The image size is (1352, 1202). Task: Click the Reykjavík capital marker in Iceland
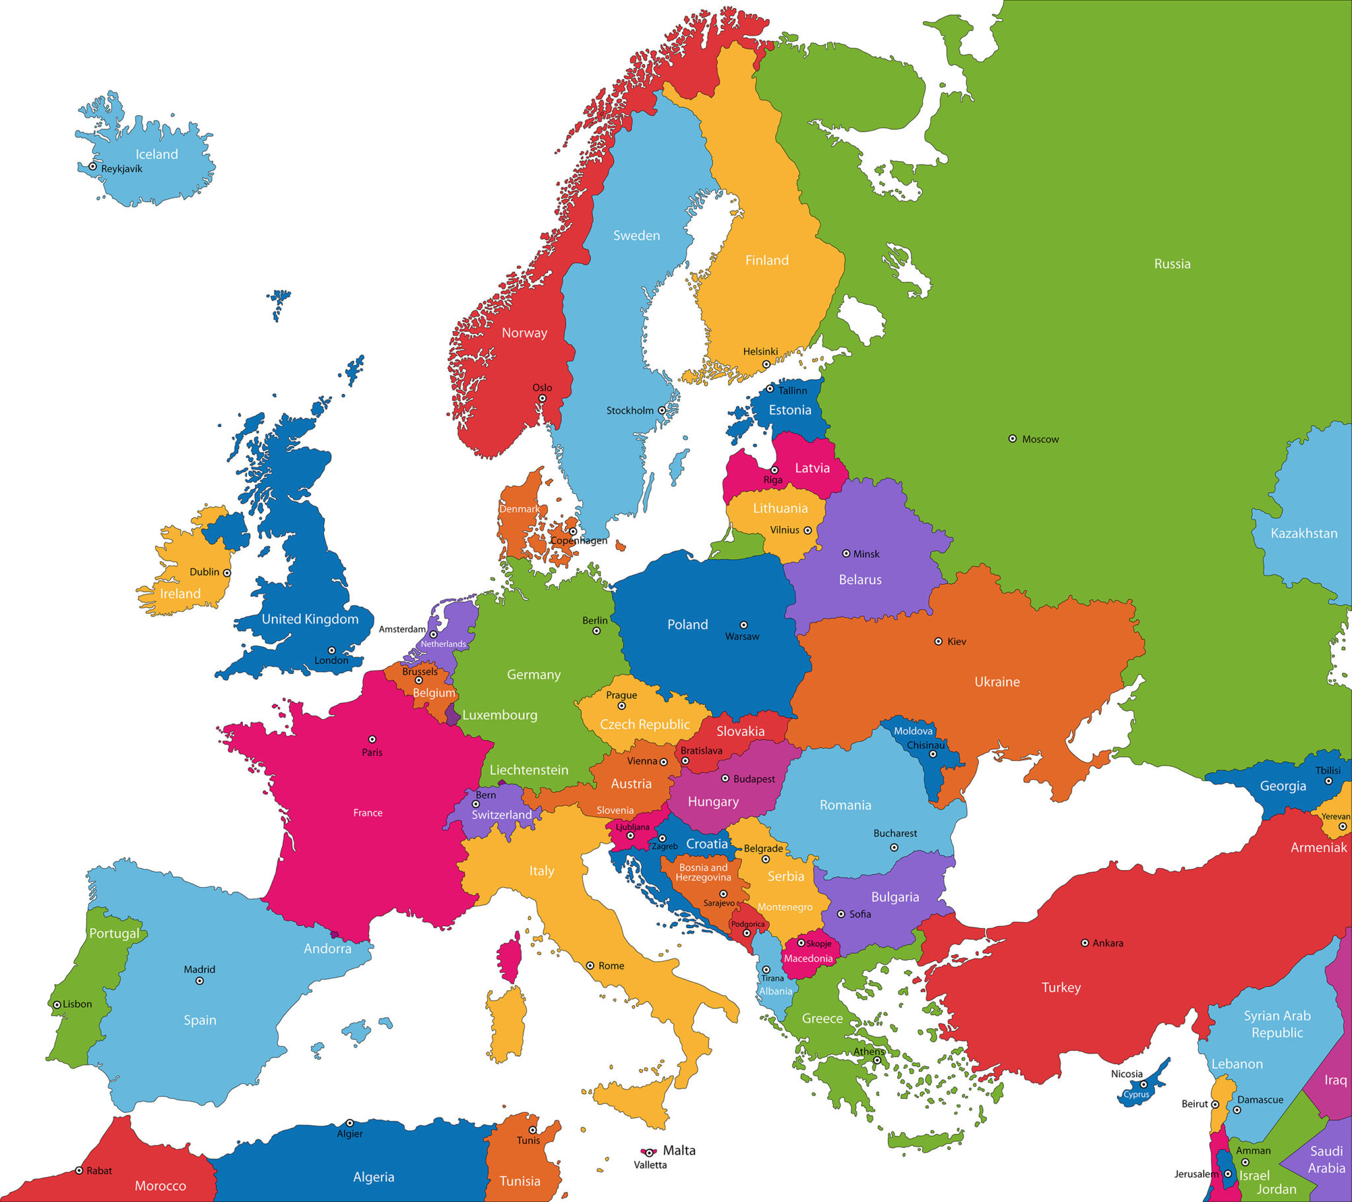[92, 167]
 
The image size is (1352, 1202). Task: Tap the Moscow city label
[1040, 439]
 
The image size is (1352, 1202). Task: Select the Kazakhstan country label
[1304, 533]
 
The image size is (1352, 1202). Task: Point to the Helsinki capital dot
[766, 364]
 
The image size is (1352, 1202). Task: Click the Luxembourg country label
[499, 715]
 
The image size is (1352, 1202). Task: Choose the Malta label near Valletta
[679, 1151]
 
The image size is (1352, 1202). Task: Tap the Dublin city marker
[227, 573]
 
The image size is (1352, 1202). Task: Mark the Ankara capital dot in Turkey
[1085, 943]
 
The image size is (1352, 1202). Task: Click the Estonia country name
[790, 410]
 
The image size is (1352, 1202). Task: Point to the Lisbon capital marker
[57, 1004]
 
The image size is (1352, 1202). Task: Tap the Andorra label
[327, 949]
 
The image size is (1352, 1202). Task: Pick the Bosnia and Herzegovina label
[703, 873]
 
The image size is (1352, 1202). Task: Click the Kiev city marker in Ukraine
[938, 641]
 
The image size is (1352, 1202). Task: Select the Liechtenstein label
[529, 770]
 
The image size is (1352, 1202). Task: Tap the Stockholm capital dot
[661, 410]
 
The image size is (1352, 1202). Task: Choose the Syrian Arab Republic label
[1277, 1024]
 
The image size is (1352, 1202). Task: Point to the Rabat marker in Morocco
[79, 1170]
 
